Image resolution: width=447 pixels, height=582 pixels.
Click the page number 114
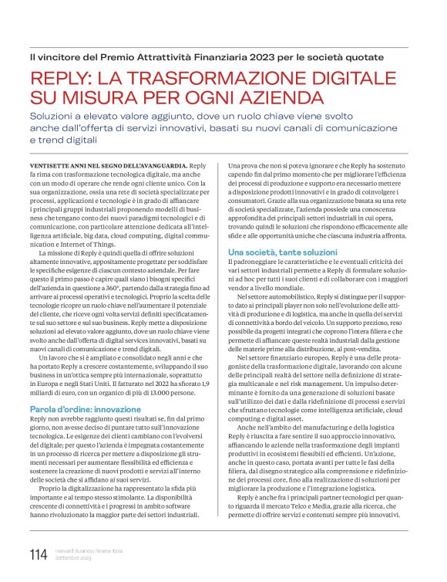pos(37,553)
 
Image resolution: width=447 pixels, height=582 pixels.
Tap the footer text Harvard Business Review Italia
pos(83,550)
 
